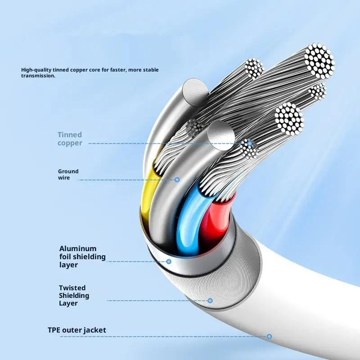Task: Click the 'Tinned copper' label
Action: point(70,139)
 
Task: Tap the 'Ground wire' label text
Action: point(68,175)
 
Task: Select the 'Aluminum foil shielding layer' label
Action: point(82,256)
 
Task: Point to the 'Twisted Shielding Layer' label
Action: point(74,295)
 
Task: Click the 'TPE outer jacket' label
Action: point(77,330)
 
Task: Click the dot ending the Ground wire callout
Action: point(177,180)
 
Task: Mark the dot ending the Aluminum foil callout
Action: point(169,261)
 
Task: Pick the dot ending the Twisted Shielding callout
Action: point(210,300)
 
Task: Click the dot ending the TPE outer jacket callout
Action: point(269,336)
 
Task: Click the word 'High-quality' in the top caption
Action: point(36,70)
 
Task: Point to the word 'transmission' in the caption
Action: point(38,76)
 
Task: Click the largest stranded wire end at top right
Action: point(319,61)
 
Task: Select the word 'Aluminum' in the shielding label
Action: point(78,248)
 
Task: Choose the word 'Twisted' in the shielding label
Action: point(72,288)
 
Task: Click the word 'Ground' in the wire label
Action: point(68,171)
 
